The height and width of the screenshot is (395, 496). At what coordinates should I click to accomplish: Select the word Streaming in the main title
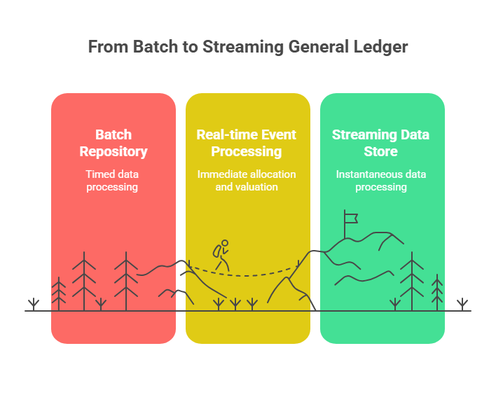[243, 47]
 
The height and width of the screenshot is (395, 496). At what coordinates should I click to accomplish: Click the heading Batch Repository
[113, 143]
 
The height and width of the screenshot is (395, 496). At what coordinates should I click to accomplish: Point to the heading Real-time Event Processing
[247, 143]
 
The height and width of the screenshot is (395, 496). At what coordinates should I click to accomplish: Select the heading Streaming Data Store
[380, 143]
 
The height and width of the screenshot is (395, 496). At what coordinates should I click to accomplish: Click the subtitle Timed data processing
[112, 181]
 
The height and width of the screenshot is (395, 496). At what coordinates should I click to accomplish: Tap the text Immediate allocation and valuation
[247, 181]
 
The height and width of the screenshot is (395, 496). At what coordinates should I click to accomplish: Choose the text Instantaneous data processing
[381, 181]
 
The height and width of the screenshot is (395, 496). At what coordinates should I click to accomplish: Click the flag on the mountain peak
[351, 219]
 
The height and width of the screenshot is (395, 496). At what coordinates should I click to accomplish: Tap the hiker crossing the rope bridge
[221, 255]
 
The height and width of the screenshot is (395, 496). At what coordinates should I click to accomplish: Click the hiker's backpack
[217, 251]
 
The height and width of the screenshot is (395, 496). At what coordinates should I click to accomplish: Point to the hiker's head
[225, 243]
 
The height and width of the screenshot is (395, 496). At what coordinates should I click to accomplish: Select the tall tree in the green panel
[412, 281]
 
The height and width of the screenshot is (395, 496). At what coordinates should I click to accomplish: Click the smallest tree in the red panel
[59, 294]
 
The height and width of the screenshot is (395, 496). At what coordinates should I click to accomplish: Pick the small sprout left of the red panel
[34, 304]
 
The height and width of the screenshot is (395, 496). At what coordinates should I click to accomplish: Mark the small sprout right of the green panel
[462, 304]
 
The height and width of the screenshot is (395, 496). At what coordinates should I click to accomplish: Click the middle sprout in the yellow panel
[235, 304]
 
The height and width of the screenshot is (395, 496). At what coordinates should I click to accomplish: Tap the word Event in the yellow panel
[279, 134]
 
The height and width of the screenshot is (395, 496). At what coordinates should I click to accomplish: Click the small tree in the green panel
[437, 293]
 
